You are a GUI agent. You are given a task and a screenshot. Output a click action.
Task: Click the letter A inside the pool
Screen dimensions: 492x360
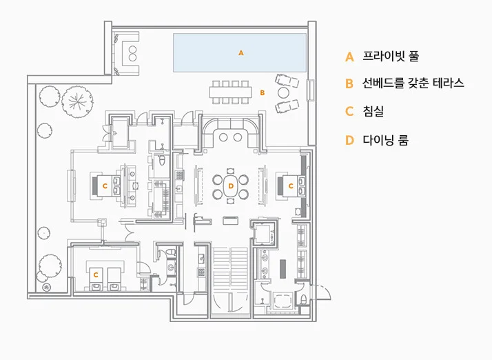(x=241, y=53)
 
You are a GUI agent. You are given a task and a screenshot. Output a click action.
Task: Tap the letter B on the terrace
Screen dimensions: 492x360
(x=263, y=92)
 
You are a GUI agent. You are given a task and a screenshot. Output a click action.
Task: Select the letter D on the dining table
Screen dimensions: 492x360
(x=231, y=186)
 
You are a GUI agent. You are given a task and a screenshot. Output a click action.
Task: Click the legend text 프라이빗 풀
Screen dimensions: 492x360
(x=391, y=56)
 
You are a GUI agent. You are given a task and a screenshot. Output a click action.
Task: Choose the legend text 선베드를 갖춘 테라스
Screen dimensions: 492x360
(x=413, y=83)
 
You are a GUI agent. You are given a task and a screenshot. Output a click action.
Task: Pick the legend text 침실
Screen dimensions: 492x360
(x=373, y=111)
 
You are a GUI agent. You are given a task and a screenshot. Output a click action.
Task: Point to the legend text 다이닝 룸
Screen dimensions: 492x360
(x=386, y=140)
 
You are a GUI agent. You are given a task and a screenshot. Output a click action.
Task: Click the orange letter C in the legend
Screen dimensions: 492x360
(x=349, y=111)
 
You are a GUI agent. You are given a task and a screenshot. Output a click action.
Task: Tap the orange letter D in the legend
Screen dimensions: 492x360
(x=349, y=140)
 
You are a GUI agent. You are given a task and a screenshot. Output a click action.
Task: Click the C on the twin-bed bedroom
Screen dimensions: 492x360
(x=96, y=275)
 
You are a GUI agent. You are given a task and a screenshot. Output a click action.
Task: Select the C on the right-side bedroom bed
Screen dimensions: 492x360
(x=291, y=186)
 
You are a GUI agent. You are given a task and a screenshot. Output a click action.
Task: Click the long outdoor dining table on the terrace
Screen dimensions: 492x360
(x=231, y=92)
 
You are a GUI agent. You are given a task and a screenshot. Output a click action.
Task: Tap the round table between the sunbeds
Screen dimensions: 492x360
(x=283, y=92)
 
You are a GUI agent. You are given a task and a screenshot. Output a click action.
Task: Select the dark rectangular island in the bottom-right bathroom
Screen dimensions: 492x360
(x=283, y=269)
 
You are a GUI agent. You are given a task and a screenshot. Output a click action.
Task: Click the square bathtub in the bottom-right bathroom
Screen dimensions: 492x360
(x=283, y=301)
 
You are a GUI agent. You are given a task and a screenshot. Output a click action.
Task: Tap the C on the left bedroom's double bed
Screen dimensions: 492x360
(x=105, y=186)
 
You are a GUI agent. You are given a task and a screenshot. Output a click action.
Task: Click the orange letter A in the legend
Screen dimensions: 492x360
(x=349, y=57)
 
